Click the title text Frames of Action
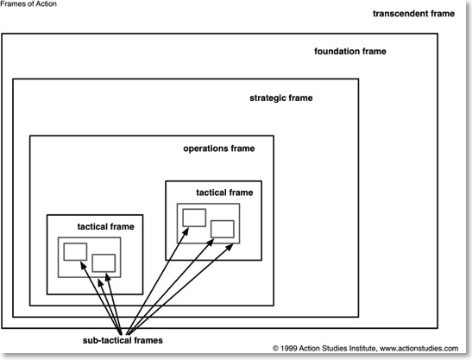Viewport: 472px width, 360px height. coord(28,4)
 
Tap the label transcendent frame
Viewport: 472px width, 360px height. coord(413,14)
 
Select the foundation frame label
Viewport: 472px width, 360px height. coord(350,51)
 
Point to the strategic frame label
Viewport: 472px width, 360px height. coord(280,98)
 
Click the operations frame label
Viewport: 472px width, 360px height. coord(219,148)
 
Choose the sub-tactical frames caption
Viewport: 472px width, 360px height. coord(123,340)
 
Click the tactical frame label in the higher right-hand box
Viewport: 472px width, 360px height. coord(224,193)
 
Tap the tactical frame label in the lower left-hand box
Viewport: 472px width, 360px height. coord(105,226)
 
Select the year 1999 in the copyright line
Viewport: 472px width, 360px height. coord(288,349)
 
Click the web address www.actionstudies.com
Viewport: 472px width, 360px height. coord(419,349)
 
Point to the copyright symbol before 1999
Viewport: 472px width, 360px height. coord(275,349)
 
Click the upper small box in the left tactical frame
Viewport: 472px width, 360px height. coord(75,243)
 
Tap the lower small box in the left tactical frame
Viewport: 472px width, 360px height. coord(104,255)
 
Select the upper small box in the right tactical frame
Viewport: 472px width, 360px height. coord(194,210)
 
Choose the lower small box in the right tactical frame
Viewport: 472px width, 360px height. coord(223,221)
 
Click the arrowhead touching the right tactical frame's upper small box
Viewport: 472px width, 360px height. coord(186,231)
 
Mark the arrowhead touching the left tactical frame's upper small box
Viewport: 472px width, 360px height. coord(83,265)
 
